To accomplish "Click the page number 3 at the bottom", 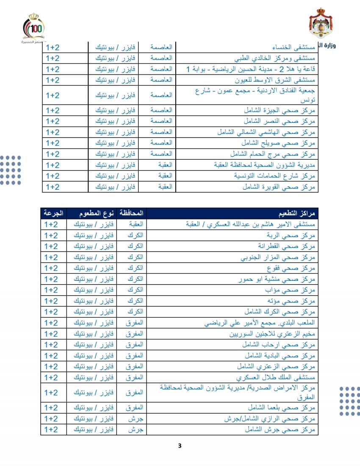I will [x=180, y=446].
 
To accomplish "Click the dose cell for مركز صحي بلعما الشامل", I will [x=53, y=407].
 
